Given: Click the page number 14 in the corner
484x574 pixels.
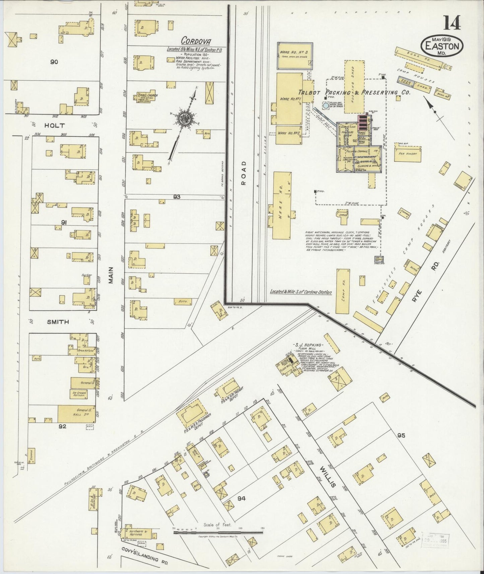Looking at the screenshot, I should [x=452, y=22].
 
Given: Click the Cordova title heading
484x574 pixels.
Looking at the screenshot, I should [x=196, y=41].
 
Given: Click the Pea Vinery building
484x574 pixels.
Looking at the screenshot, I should [x=408, y=154].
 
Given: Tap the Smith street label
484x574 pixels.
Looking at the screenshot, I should [x=58, y=322].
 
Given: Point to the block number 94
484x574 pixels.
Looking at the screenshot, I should [x=241, y=499].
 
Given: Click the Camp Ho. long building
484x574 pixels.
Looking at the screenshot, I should [x=343, y=291].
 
